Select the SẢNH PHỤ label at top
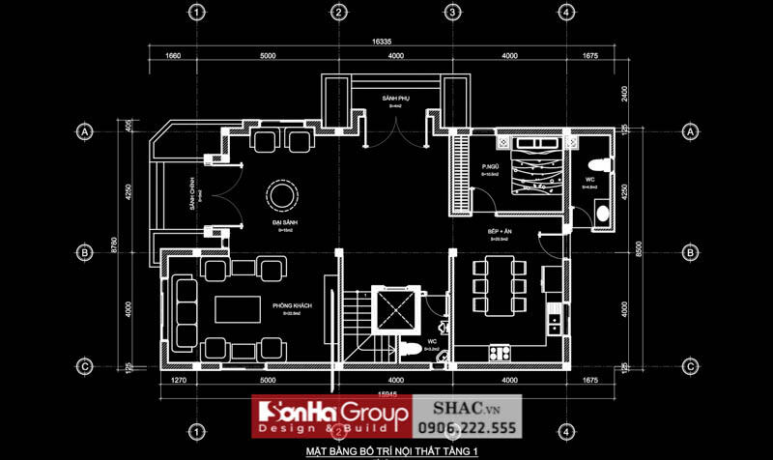395,99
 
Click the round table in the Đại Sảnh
282,194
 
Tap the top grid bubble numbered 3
451,13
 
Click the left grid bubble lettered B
85,251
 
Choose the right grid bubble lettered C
691,366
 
